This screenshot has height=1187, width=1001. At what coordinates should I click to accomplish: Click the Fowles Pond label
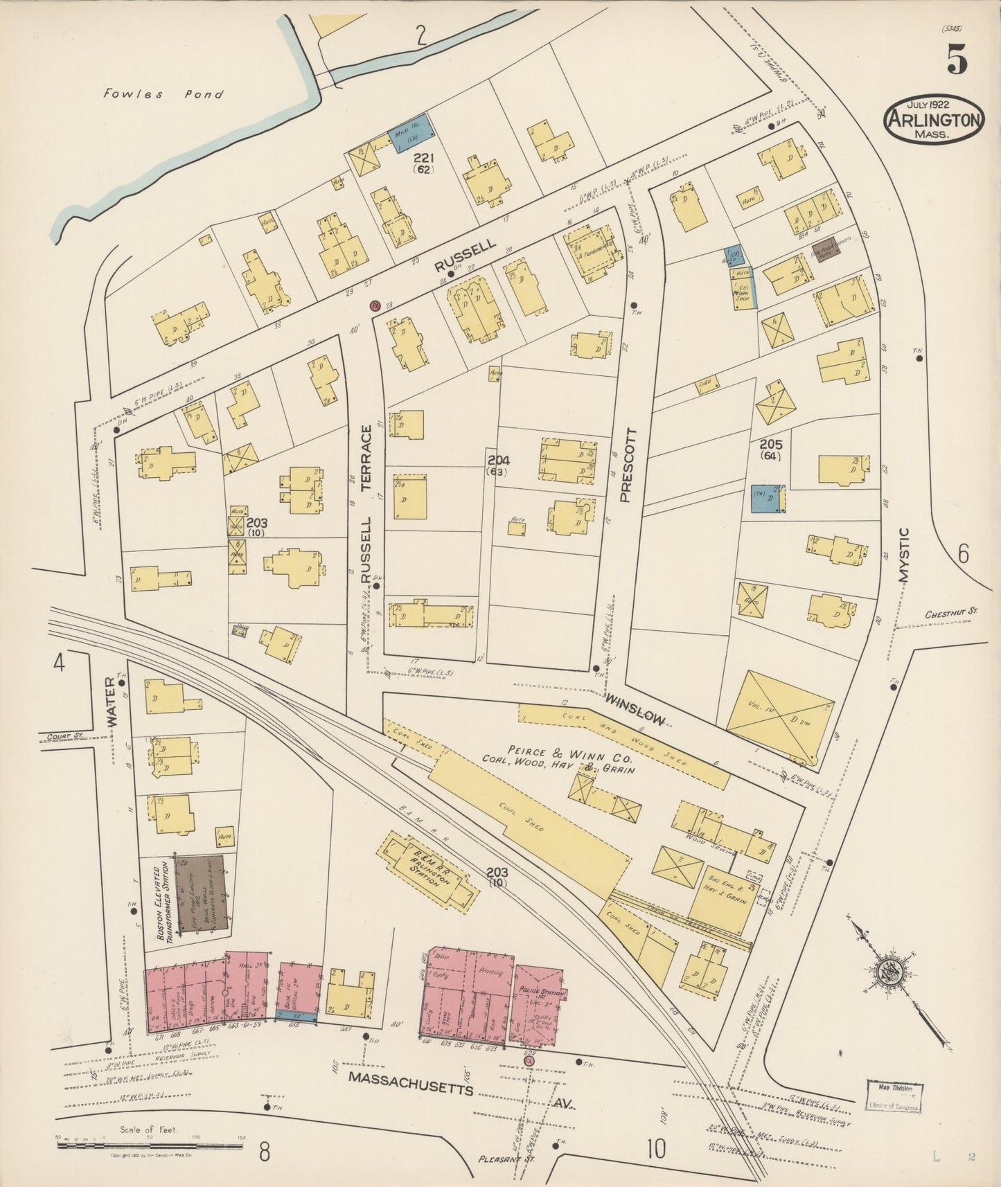[x=163, y=93]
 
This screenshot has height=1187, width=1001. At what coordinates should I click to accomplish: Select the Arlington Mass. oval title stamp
[x=932, y=119]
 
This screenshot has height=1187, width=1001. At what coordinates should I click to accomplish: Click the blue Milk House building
[x=413, y=133]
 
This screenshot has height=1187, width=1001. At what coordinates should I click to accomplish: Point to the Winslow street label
[x=635, y=711]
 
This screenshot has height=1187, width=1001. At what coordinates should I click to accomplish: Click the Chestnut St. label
[x=950, y=612]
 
